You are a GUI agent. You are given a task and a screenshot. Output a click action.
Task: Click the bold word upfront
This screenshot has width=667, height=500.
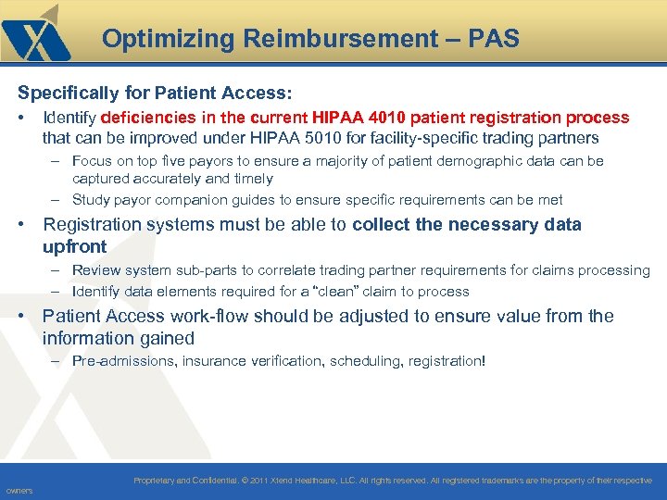tap(75, 246)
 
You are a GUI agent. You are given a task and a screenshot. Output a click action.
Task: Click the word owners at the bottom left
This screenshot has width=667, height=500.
tap(19, 491)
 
